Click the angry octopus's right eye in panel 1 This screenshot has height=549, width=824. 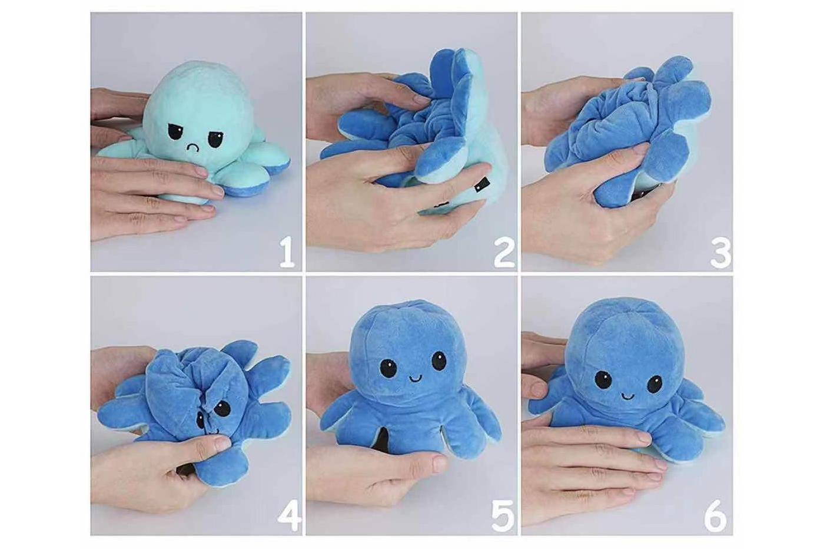pos(213,138)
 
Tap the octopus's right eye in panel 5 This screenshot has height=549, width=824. pos(438,362)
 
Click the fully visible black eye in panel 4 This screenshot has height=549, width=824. pos(224,409)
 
